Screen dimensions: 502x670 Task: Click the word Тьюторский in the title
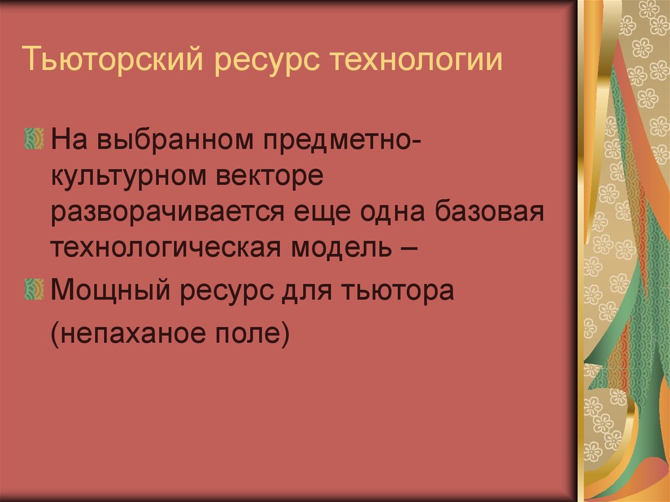pyautogui.click(x=116, y=61)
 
